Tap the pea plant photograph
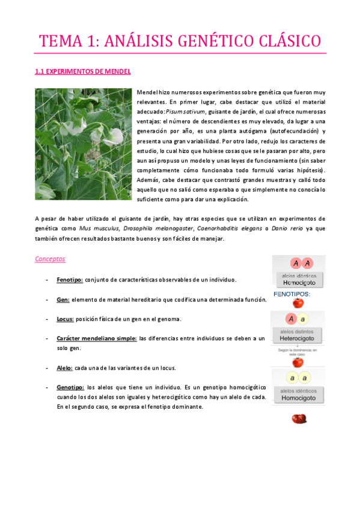[x=83, y=144]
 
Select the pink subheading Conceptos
[x=50, y=259]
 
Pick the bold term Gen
[x=63, y=300]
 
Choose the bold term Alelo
[x=65, y=367]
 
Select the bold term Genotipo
[x=70, y=387]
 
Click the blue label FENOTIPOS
[x=291, y=294]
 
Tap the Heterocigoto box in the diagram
[x=298, y=339]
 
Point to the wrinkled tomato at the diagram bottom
[x=298, y=418]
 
